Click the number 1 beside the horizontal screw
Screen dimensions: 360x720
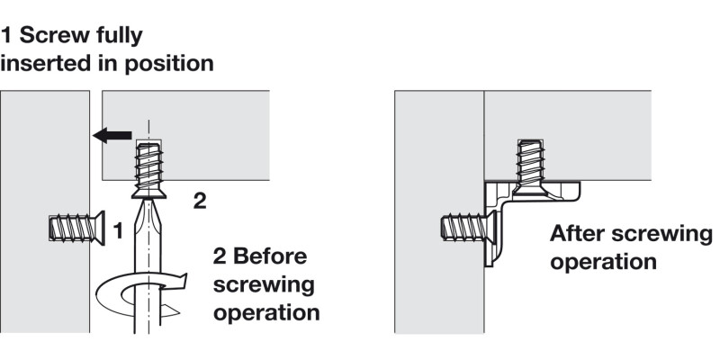click(x=116, y=231)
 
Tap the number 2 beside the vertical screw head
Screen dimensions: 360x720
click(x=201, y=201)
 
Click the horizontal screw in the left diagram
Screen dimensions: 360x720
click(x=76, y=228)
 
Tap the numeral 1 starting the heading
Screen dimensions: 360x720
click(x=6, y=36)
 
